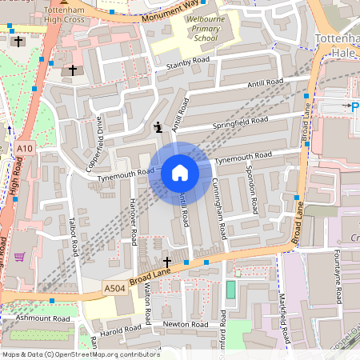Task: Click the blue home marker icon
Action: (x=179, y=173)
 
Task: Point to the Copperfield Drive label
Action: (x=94, y=143)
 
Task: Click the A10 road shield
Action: (x=25, y=148)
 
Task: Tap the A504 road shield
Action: (x=114, y=287)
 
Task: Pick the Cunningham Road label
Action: (x=221, y=209)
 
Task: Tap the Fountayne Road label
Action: (x=338, y=274)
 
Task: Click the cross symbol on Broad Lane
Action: (x=167, y=262)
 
